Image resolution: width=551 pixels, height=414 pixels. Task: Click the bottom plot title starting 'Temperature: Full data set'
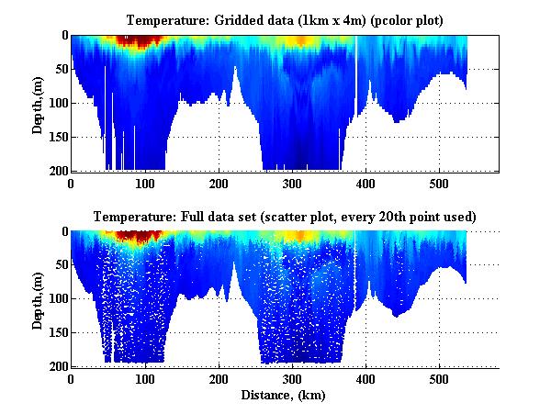(x=285, y=217)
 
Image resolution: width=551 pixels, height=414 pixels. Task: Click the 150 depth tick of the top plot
(x=59, y=137)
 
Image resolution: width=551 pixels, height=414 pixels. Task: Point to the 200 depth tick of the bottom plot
(x=59, y=366)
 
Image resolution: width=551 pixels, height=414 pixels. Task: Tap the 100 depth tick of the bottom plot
(x=59, y=299)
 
